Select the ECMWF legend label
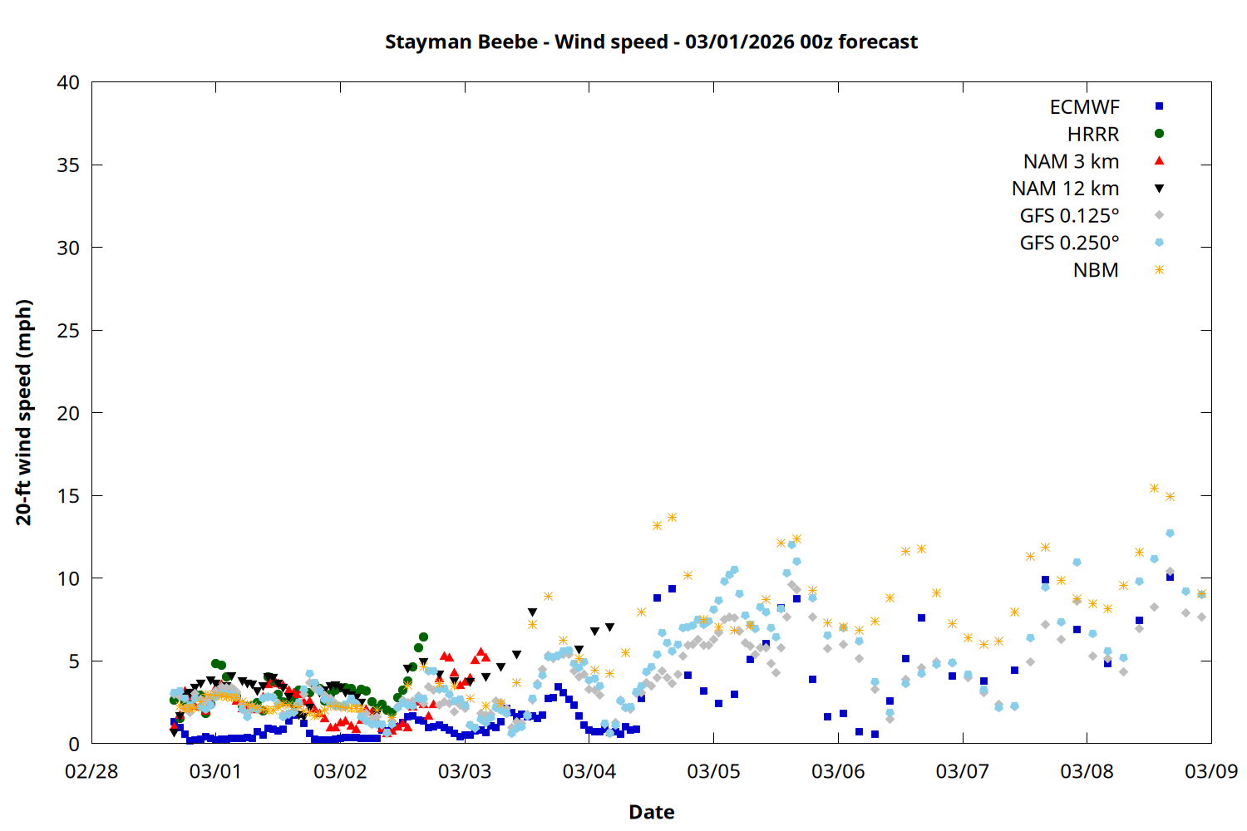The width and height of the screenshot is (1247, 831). tap(1084, 107)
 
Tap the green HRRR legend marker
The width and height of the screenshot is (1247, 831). tap(1159, 134)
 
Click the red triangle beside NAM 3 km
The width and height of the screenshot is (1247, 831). tap(1159, 160)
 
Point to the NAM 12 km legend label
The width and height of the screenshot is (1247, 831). tap(1065, 189)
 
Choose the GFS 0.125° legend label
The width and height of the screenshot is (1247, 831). tap(1069, 216)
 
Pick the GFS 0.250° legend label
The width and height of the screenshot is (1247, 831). tap(1069, 243)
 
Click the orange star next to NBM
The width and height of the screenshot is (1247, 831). tap(1159, 270)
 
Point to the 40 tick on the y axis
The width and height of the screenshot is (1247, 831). tap(68, 82)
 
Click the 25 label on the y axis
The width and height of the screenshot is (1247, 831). tap(68, 331)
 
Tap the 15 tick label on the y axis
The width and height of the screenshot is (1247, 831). tap(68, 496)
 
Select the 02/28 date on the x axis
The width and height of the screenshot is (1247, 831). tap(91, 771)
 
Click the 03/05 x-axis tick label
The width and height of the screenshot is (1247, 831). tap(713, 771)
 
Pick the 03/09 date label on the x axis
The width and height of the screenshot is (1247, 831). tap(1210, 771)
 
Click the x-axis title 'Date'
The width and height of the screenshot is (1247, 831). tap(651, 812)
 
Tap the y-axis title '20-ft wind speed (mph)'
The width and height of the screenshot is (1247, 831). tap(24, 412)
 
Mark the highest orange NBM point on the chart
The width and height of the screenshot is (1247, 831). tap(1154, 488)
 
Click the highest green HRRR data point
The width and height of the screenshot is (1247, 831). tap(423, 637)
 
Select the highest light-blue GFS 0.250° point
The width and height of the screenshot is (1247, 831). tap(1170, 533)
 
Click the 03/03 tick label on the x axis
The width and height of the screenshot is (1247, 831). tap(465, 771)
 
